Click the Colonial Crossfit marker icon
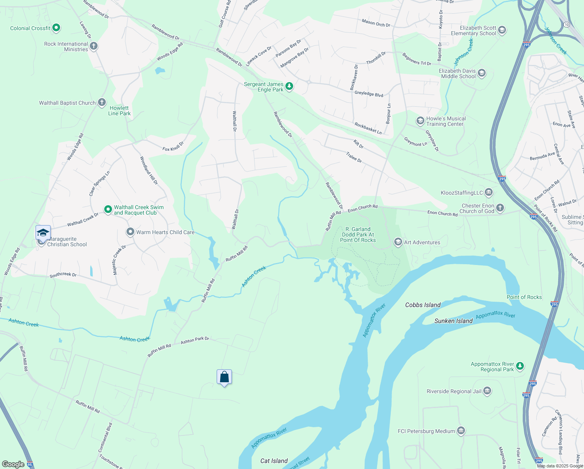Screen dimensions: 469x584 [56, 28]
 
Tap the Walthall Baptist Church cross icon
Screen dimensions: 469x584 [102, 103]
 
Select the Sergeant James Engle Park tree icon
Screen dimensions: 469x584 [289, 86]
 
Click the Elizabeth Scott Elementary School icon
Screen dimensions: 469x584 [502, 30]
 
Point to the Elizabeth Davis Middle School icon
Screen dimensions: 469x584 [482, 73]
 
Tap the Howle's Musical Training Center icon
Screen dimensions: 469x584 [420, 121]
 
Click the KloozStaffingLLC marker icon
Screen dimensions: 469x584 [489, 192]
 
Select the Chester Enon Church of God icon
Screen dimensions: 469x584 [500, 208]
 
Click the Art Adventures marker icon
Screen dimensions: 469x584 [398, 242]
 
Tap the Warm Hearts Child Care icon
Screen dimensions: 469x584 [130, 232]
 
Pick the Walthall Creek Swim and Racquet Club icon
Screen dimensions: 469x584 [108, 209]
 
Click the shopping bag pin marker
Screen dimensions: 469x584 [224, 377]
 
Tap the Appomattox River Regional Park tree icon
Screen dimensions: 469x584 [520, 366]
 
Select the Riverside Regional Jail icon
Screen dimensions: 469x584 [487, 391]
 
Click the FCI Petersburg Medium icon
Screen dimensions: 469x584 [461, 431]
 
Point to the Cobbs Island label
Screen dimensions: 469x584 [423, 305]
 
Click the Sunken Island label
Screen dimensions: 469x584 [453, 321]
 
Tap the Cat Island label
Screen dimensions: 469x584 [274, 461]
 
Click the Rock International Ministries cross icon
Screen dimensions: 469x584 [94, 46]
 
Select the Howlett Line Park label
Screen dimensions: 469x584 [119, 111]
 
